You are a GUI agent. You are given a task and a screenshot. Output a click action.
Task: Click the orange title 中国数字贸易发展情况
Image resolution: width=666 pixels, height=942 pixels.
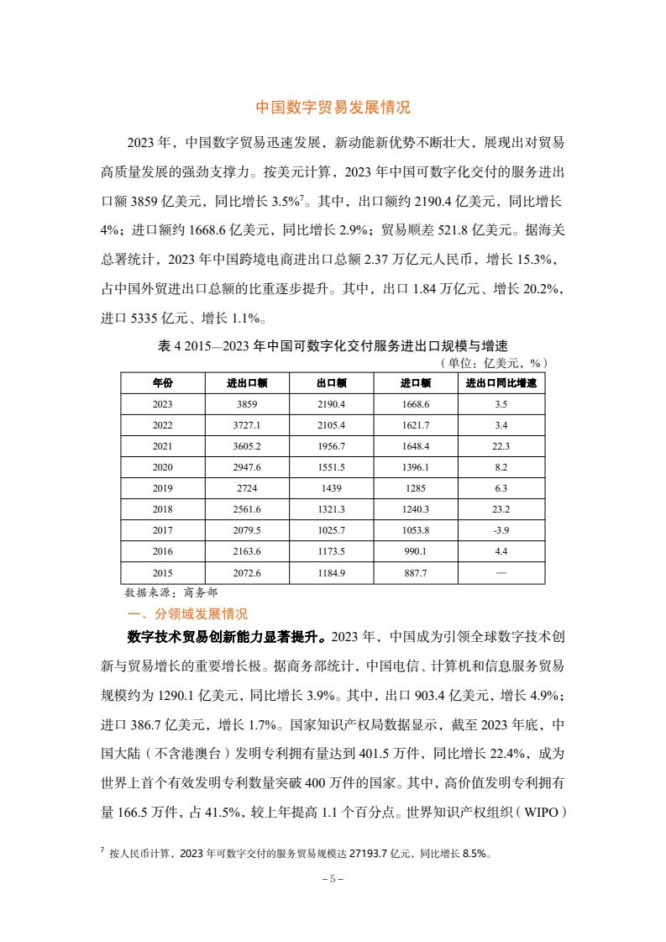pyautogui.click(x=333, y=108)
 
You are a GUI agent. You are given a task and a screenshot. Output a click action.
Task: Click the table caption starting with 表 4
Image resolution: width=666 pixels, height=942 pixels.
pyautogui.click(x=333, y=345)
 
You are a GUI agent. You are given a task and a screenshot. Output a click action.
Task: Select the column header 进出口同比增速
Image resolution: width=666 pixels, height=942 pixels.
pyautogui.click(x=501, y=383)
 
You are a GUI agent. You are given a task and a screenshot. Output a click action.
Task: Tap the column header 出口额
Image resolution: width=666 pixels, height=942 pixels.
pyautogui.click(x=332, y=383)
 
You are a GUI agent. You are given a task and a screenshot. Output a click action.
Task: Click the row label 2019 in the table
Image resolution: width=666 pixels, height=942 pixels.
pyautogui.click(x=163, y=488)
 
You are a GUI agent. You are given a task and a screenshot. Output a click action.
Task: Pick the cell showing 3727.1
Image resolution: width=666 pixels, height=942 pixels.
pyautogui.click(x=247, y=425)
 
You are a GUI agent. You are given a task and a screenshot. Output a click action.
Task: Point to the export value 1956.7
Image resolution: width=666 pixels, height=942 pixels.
pyautogui.click(x=332, y=446)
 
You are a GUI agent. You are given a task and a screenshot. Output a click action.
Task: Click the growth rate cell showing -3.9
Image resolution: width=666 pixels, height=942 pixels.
pyautogui.click(x=501, y=530)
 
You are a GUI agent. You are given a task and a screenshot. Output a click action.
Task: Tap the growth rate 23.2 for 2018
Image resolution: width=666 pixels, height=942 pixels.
pyautogui.click(x=501, y=509)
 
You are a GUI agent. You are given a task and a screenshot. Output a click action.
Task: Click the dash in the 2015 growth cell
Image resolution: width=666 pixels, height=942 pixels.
pyautogui.click(x=501, y=572)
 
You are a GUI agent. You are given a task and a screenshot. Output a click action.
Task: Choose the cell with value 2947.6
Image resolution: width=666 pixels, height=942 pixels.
pyautogui.click(x=247, y=467)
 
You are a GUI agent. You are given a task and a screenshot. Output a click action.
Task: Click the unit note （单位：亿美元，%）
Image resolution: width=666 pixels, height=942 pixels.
pyautogui.click(x=494, y=362)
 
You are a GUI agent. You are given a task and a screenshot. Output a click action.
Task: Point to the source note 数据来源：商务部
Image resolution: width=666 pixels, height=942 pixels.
pyautogui.click(x=170, y=592)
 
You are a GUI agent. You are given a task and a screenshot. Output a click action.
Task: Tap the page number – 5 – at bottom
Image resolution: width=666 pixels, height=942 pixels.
pyautogui.click(x=333, y=879)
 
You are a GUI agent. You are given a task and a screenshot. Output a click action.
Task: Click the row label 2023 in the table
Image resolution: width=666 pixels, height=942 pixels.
pyautogui.click(x=163, y=404)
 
